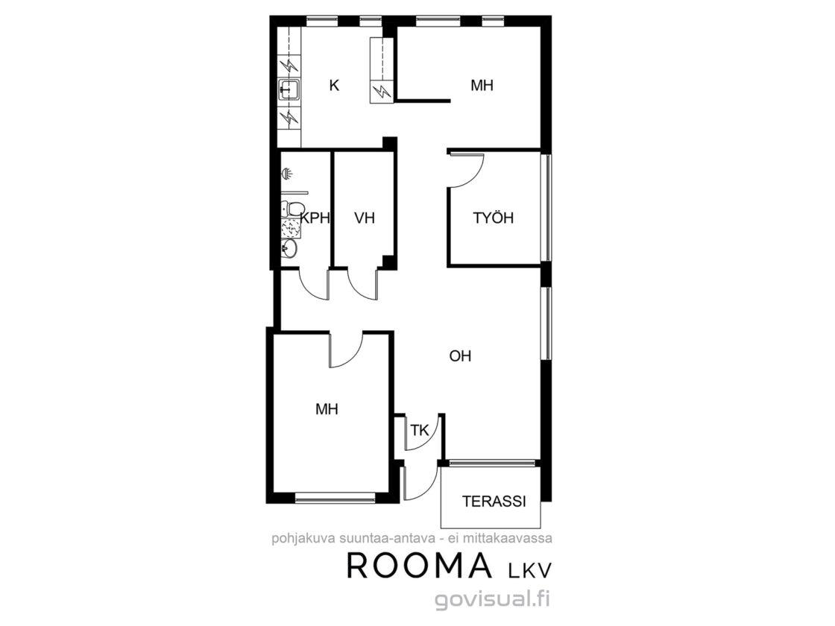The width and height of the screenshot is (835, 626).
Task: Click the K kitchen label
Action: point(335,85)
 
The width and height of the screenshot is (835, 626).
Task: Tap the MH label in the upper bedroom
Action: point(482,85)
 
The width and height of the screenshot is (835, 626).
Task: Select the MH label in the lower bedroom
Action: point(327,409)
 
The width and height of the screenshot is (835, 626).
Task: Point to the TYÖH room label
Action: point(493,218)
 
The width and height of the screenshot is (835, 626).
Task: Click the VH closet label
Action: point(365,218)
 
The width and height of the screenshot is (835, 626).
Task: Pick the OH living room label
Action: point(460,355)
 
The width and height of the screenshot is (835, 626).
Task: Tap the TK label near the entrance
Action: point(420,430)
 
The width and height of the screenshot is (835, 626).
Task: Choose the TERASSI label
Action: point(494,502)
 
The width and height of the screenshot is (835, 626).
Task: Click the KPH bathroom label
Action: point(315,218)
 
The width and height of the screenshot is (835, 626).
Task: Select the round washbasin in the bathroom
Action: point(289,248)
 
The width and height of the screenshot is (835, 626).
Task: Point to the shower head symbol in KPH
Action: point(286,174)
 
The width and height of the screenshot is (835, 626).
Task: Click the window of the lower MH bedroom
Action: point(335,498)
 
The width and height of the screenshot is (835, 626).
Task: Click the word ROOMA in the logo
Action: point(419,566)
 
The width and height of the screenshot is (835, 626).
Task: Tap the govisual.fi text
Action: point(493,599)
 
